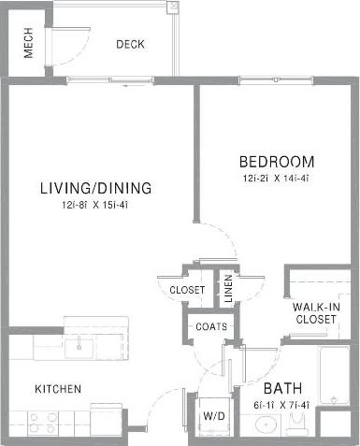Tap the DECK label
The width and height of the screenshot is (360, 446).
pyautogui.click(x=129, y=44)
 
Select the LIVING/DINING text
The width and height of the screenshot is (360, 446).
pyautogui.click(x=95, y=188)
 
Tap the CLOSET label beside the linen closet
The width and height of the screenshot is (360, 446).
pyautogui.click(x=187, y=290)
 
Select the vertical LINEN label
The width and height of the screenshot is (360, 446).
pyautogui.click(x=227, y=287)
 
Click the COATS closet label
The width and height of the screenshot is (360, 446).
pyautogui.click(x=209, y=326)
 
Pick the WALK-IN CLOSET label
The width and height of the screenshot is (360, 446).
pyautogui.click(x=314, y=313)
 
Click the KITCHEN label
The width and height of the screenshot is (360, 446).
pyautogui.click(x=58, y=389)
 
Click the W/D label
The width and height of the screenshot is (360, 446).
pyautogui.click(x=212, y=417)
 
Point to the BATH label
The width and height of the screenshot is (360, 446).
pyautogui.click(x=281, y=388)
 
